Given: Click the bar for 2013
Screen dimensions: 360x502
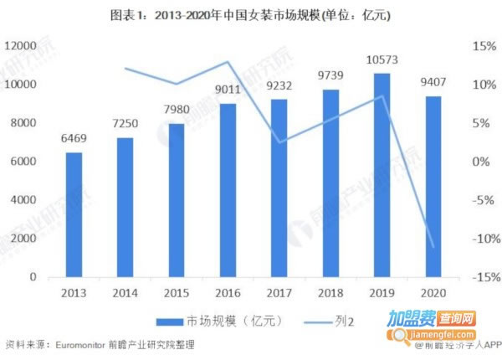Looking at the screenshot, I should [74, 214].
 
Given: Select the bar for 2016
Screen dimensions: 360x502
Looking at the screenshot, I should [228, 190].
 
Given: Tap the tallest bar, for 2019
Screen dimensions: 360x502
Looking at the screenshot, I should [382, 175].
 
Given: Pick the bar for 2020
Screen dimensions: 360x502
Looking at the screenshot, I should [433, 186].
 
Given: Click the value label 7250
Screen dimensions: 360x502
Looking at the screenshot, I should [125, 123].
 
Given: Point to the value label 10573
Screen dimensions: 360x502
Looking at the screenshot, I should [382, 59].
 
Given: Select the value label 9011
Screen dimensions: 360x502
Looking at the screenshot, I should [228, 90].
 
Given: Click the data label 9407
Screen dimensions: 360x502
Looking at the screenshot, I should [433, 82].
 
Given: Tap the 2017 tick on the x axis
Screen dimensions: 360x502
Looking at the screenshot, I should [279, 292].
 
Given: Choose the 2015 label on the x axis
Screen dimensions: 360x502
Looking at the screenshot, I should [177, 292].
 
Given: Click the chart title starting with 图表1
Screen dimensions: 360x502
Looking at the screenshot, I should [251, 15].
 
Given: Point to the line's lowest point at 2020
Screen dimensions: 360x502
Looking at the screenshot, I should [433, 246].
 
